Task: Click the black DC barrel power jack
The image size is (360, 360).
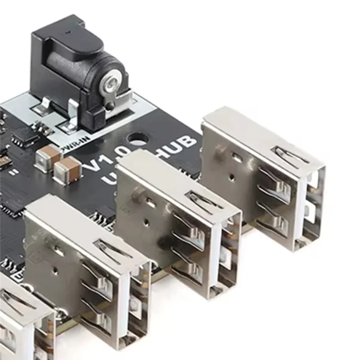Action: tap(76, 67)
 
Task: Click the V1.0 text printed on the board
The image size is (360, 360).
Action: tap(101, 165)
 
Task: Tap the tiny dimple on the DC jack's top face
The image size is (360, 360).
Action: tap(67, 32)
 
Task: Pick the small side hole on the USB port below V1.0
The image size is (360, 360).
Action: tap(147, 221)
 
